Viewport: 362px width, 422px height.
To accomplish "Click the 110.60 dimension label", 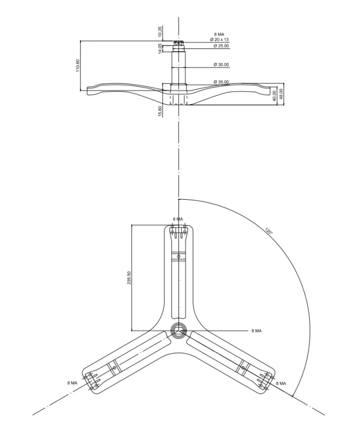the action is pyautogui.click(x=78, y=66).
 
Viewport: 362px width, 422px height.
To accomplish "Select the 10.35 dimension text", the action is pyautogui.click(x=160, y=32).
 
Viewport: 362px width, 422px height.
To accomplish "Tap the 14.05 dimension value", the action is pyautogui.click(x=160, y=49).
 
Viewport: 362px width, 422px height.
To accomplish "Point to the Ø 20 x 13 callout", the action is pyautogui.click(x=219, y=39).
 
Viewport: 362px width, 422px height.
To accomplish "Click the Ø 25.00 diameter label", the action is pyautogui.click(x=221, y=46).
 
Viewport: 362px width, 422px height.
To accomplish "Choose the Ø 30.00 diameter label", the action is pyautogui.click(x=221, y=65).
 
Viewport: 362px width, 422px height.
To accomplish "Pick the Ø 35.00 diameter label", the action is pyautogui.click(x=221, y=82).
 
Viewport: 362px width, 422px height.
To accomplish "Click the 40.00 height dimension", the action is pyautogui.click(x=275, y=96).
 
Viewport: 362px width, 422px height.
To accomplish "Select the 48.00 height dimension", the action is pyautogui.click(x=281, y=94).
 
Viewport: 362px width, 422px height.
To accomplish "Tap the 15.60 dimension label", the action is pyautogui.click(x=160, y=111).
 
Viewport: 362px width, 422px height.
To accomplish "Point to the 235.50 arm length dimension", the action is pyautogui.click(x=129, y=278).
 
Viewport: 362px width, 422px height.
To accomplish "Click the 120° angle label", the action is pyautogui.click(x=269, y=231).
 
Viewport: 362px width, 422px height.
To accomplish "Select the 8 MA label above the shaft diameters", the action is pyautogui.click(x=219, y=34).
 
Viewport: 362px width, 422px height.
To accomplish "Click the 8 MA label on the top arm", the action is pyautogui.click(x=178, y=219).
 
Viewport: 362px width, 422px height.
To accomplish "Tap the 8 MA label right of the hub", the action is pyautogui.click(x=256, y=331).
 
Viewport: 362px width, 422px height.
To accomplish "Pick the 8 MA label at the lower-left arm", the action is pyautogui.click(x=72, y=383).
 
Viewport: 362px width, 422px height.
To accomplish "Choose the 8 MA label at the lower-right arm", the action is pyautogui.click(x=281, y=383).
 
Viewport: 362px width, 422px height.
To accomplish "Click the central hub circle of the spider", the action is pyautogui.click(x=178, y=330).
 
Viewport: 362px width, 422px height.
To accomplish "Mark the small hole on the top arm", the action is pyautogui.click(x=178, y=257).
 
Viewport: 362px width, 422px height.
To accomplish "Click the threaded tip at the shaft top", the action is pyautogui.click(x=178, y=43).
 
